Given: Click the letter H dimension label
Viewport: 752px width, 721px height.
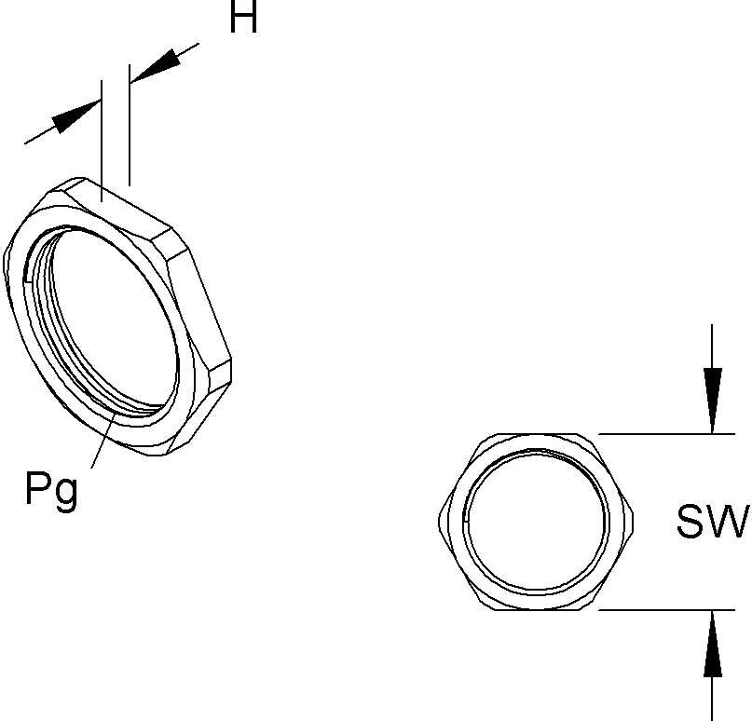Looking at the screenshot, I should [243, 19].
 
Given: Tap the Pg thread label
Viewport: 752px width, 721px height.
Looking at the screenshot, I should [52, 489].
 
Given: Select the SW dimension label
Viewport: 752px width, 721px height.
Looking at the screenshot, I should [713, 523].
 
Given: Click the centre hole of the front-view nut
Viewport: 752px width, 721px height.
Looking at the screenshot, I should [537, 523].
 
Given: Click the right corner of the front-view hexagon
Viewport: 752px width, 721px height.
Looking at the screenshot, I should [634, 523].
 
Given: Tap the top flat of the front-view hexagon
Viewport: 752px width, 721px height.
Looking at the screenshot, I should [537, 436].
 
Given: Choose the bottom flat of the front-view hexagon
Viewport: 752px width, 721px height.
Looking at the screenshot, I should [537, 609].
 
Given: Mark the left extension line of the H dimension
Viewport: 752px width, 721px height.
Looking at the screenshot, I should [101, 140].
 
